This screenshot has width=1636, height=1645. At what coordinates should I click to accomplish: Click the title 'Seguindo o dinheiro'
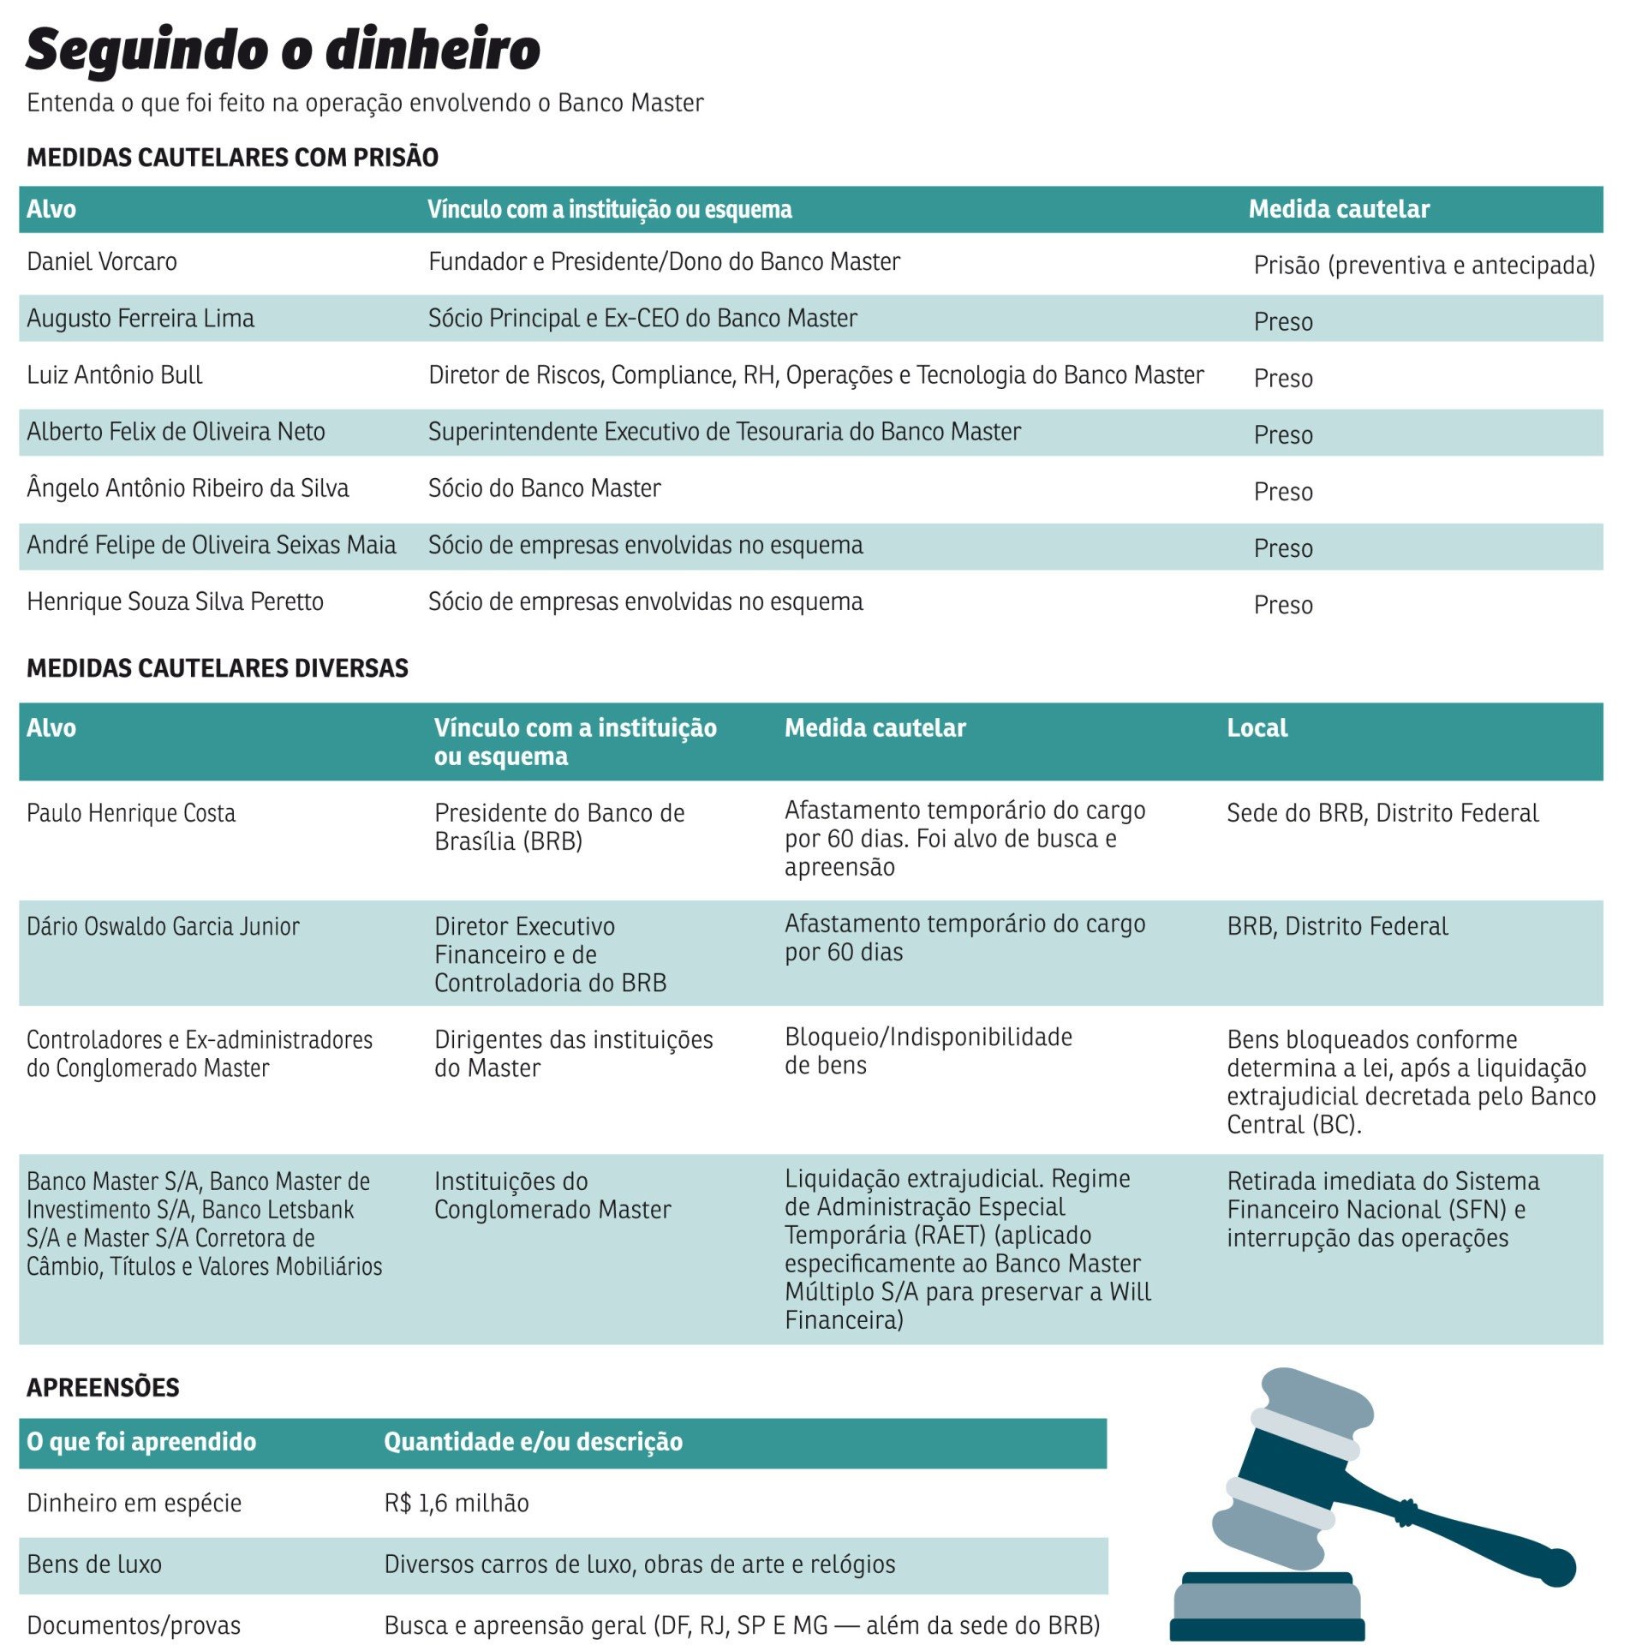pyautogui.click(x=283, y=50)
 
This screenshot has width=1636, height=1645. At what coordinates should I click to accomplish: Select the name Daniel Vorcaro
pyautogui.click(x=102, y=261)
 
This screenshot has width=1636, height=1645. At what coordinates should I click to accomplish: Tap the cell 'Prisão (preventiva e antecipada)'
pyautogui.click(x=1423, y=266)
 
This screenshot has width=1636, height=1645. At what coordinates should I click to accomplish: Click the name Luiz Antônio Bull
pyautogui.click(x=114, y=375)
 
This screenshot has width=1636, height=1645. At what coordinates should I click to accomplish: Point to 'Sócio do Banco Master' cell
pyautogui.click(x=544, y=488)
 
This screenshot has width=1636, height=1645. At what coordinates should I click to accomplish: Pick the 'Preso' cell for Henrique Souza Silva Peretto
pyautogui.click(x=1282, y=605)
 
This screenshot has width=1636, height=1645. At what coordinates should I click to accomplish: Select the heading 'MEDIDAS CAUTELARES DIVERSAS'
pyautogui.click(x=218, y=668)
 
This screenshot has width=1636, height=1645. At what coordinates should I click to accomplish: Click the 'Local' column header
pyautogui.click(x=1256, y=728)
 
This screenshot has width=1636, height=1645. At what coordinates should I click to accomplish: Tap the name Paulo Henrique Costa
pyautogui.click(x=131, y=813)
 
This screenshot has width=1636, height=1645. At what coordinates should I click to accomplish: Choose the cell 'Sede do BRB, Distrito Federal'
pyautogui.click(x=1382, y=813)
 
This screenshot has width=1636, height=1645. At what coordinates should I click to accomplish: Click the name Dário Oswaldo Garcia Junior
pyautogui.click(x=163, y=926)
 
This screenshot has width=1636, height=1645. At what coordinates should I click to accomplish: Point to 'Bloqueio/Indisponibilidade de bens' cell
pyautogui.click(x=928, y=1051)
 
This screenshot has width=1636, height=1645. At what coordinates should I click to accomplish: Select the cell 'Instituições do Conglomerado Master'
pyautogui.click(x=552, y=1195)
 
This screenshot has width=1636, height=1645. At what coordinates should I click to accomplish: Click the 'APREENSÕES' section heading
pyautogui.click(x=103, y=1388)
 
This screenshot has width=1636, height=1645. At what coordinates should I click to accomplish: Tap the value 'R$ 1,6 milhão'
pyautogui.click(x=456, y=1503)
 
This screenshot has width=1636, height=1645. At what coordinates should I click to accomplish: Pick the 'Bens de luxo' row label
pyautogui.click(x=94, y=1564)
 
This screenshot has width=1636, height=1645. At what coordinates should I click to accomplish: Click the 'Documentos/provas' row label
pyautogui.click(x=134, y=1625)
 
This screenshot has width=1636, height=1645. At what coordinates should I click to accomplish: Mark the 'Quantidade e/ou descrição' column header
pyautogui.click(x=533, y=1442)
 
